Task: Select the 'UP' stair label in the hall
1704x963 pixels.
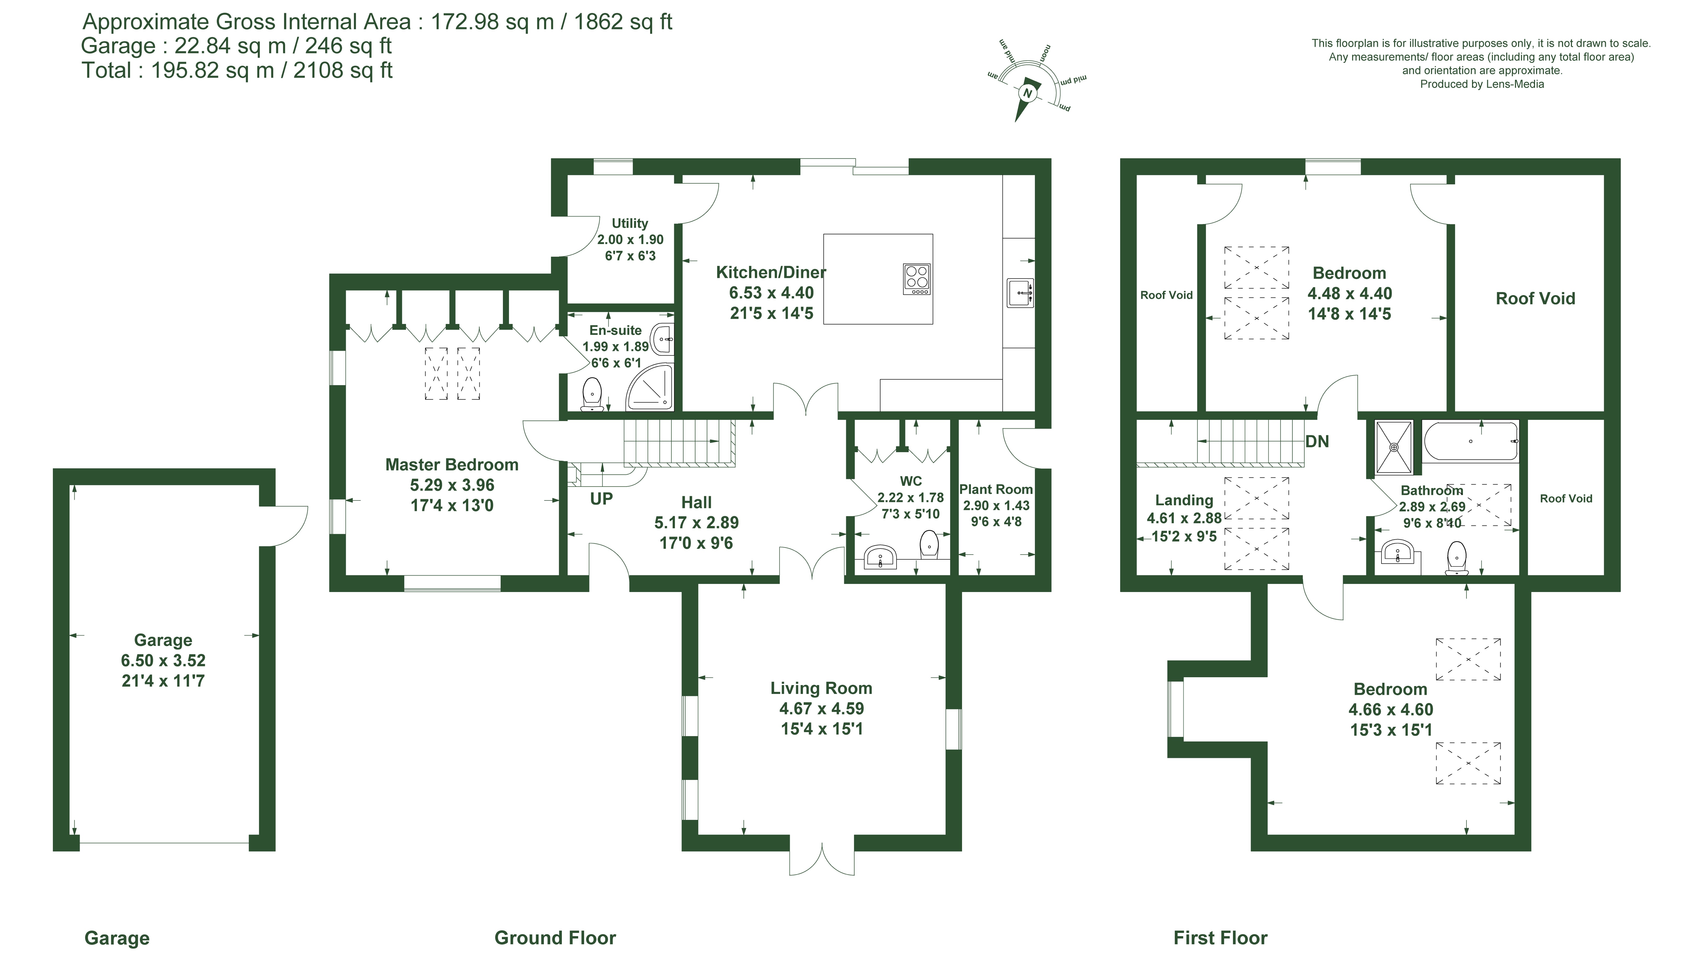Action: tap(601, 499)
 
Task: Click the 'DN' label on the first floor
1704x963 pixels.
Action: tap(1317, 441)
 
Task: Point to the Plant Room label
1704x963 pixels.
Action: tap(995, 489)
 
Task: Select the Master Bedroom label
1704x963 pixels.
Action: tap(452, 465)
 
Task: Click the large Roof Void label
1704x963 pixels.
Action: tap(1535, 298)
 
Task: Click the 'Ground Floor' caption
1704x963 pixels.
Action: tap(555, 938)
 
